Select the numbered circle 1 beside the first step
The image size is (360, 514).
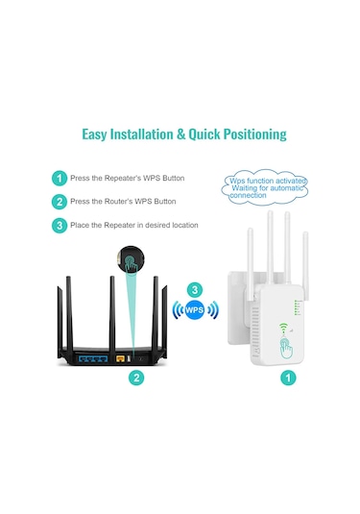pyautogui.click(x=60, y=179)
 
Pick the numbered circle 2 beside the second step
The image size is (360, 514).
pyautogui.click(x=60, y=202)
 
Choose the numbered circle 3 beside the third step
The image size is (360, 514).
pyautogui.click(x=60, y=225)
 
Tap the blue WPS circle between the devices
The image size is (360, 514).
pyautogui.click(x=195, y=310)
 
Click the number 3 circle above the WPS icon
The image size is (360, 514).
pyautogui.click(x=195, y=289)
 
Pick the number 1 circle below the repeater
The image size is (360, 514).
pyautogui.click(x=287, y=379)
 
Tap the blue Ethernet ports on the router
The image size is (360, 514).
pyautogui.click(x=95, y=357)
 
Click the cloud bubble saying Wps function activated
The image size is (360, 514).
pyautogui.click(x=268, y=185)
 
